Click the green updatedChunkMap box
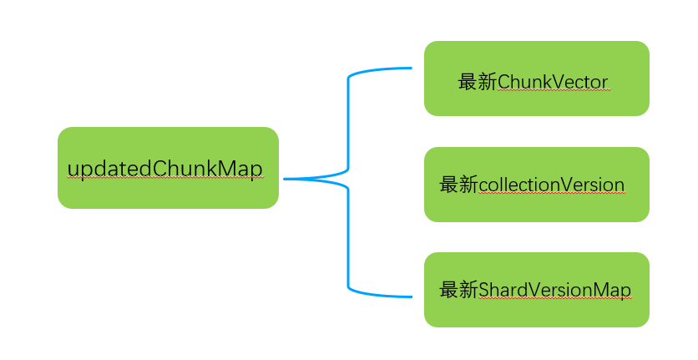point(167,167)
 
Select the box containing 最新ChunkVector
point(536,78)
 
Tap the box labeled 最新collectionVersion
point(536,184)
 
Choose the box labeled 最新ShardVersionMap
point(536,289)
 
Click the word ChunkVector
point(553,82)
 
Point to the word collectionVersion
point(552,185)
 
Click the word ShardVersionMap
point(555,290)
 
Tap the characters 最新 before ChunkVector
point(478,82)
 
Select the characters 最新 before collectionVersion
point(459,185)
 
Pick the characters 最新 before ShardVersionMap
point(459,290)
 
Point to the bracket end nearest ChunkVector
point(410,68)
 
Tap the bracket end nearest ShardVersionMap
point(410,297)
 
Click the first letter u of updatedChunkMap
point(73,170)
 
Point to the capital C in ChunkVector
point(504,82)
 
